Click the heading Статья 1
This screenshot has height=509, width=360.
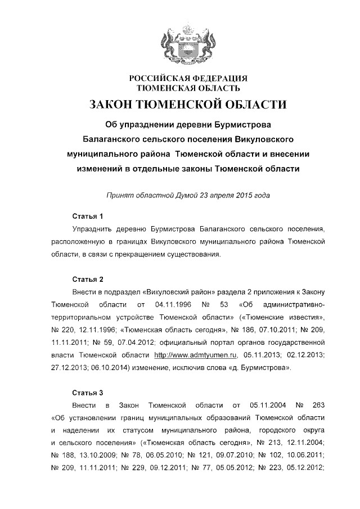point(88,216)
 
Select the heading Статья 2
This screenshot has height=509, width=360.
point(88,279)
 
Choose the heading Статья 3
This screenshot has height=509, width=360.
point(88,391)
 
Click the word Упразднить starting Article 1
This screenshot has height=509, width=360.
point(92,229)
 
